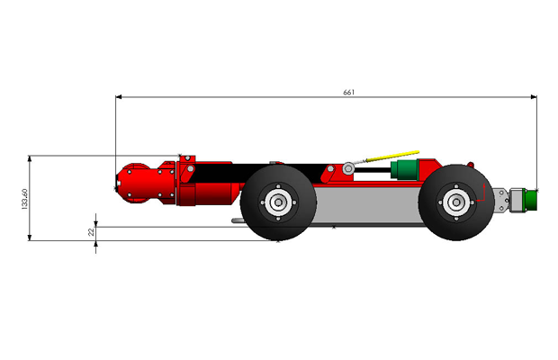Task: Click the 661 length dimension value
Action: pyautogui.click(x=349, y=92)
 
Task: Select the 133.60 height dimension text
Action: pyautogui.click(x=24, y=199)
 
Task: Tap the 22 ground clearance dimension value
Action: pyautogui.click(x=92, y=232)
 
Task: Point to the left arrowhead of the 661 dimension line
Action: pyautogui.click(x=119, y=97)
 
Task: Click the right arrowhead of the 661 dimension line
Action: pyautogui.click(x=534, y=97)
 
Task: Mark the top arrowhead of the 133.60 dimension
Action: pyautogui.click(x=30, y=158)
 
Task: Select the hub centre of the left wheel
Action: pyautogui.click(x=278, y=202)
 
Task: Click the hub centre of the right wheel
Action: pyautogui.click(x=456, y=202)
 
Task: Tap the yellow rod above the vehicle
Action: pyautogui.click(x=393, y=156)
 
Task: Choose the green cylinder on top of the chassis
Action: pyautogui.click(x=404, y=169)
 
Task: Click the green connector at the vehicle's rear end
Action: pyautogui.click(x=531, y=201)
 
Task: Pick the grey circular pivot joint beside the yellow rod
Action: pyautogui.click(x=348, y=168)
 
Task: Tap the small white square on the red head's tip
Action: pyautogui.click(x=119, y=184)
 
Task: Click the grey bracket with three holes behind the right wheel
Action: pyautogui.click(x=501, y=201)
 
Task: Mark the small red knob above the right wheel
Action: pyautogui.click(x=470, y=165)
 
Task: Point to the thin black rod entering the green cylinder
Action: pyautogui.click(x=373, y=170)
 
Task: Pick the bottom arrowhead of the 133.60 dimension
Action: pyautogui.click(x=30, y=238)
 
